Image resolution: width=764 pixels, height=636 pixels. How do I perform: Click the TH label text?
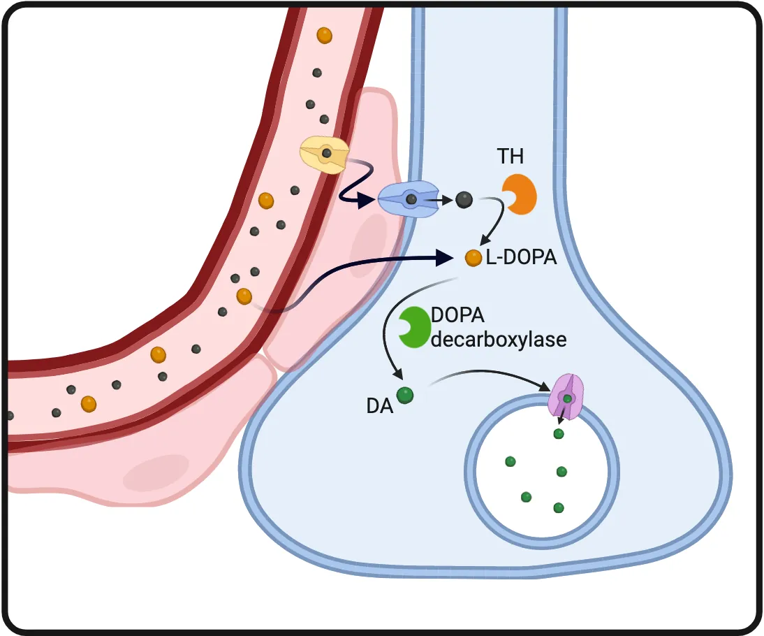[510, 157]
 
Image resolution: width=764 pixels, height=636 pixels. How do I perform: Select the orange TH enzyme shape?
[520, 194]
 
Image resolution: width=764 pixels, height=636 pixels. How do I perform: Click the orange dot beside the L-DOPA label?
[473, 258]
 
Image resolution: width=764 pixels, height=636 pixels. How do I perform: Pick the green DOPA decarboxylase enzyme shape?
[413, 327]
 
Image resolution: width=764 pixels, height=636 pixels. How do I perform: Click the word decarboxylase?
[498, 340]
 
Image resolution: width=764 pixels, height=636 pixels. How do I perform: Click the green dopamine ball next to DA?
[404, 396]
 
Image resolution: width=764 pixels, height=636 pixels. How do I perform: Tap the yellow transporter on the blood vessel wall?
[325, 154]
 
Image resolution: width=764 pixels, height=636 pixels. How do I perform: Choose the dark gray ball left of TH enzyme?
[463, 201]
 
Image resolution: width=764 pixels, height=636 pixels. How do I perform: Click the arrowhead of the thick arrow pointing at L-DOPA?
[446, 258]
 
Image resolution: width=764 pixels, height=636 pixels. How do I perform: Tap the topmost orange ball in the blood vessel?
[324, 35]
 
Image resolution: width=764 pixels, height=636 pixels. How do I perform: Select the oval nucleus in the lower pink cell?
[156, 473]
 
